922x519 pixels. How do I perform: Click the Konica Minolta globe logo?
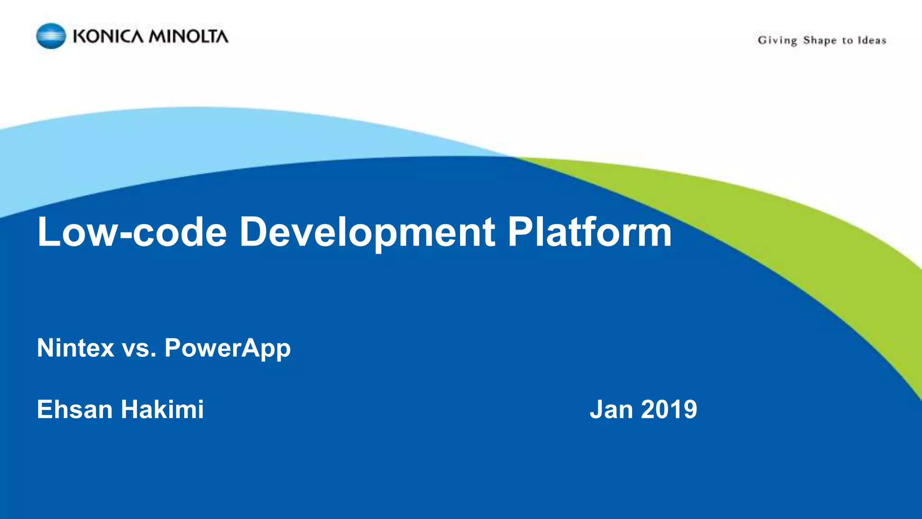[51, 36]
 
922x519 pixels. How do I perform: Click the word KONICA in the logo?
[108, 36]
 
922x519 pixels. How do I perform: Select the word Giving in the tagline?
[777, 41]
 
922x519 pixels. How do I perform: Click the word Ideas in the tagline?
[872, 40]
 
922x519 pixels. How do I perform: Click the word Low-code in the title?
[132, 232]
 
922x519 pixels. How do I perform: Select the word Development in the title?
[367, 232]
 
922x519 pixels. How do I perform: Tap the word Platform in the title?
[589, 232]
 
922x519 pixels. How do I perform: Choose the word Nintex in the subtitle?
[76, 348]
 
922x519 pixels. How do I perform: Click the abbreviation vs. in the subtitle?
[139, 348]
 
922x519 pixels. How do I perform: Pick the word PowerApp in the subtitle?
[227, 348]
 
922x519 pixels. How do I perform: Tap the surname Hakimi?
[162, 409]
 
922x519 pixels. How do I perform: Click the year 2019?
[669, 409]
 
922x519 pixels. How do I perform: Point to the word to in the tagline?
[847, 41]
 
